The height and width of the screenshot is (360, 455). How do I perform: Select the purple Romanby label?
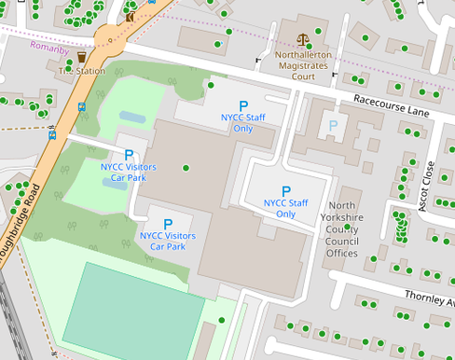pos(48,47)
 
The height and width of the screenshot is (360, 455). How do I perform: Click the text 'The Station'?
pos(81,71)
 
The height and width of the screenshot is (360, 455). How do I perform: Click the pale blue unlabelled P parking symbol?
pos(333,125)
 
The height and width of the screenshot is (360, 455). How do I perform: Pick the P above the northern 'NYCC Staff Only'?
pos(243,106)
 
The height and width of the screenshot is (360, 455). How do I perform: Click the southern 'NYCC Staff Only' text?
pos(286,208)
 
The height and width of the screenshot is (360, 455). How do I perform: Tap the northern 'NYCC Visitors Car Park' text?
pos(129,172)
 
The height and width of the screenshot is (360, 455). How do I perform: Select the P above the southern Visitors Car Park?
pos(168,224)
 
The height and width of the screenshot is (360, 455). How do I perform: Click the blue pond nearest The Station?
pos(132,118)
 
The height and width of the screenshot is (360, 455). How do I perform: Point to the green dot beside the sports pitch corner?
pos(221,320)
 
